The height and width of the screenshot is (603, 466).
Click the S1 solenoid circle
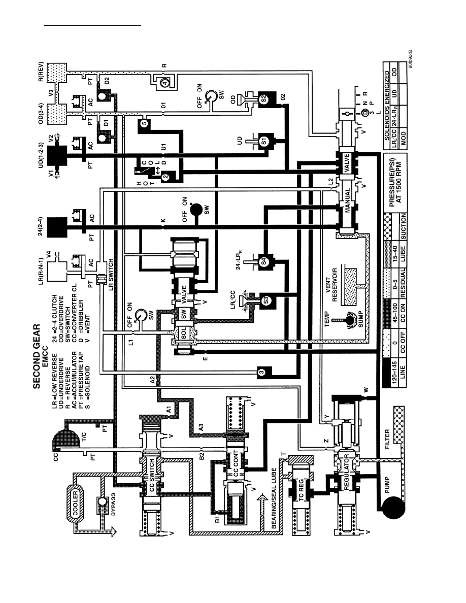(264, 142)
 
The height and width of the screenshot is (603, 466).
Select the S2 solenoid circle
(264, 99)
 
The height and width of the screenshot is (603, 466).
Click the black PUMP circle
(393, 508)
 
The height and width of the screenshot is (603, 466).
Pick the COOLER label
(75, 502)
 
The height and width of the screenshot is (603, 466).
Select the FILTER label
(387, 439)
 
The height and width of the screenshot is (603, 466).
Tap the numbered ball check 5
(144, 123)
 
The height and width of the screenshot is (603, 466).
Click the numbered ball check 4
(163, 82)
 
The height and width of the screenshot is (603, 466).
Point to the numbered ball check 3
(261, 372)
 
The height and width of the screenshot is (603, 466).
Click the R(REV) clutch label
(41, 73)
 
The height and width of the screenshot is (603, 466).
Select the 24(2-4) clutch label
(41, 226)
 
